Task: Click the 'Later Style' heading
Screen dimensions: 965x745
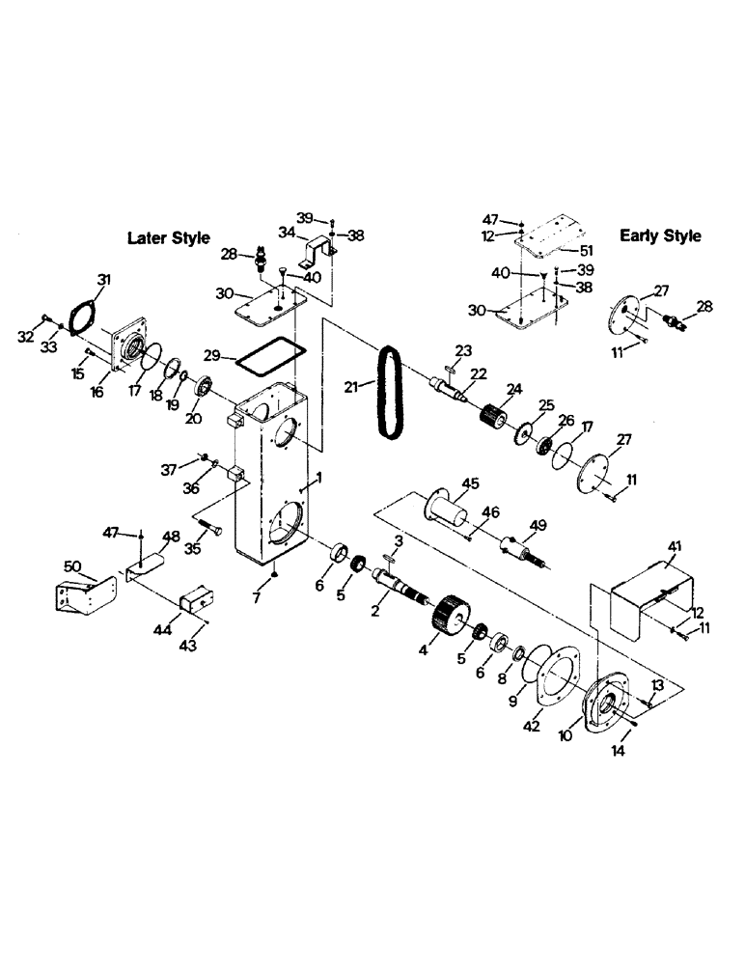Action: [169, 238]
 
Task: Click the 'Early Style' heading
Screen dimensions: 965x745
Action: [660, 235]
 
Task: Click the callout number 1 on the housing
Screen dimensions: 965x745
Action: [317, 480]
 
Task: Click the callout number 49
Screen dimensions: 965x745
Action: [538, 525]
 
